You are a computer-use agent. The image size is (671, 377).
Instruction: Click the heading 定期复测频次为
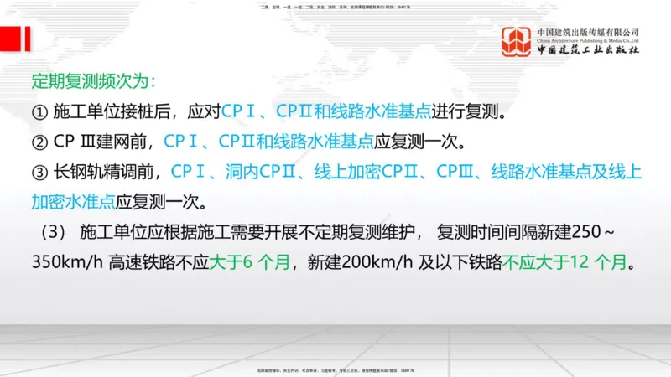(92, 82)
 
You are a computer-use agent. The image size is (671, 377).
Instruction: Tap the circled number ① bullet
(39, 111)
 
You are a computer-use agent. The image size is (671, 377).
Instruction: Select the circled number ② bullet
(39, 141)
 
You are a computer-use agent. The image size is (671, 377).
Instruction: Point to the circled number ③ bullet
(39, 171)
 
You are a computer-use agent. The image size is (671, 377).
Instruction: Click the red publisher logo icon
(517, 42)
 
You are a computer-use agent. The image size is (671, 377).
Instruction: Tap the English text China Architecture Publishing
(588, 40)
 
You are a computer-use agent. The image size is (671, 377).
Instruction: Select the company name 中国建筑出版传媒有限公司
(588, 30)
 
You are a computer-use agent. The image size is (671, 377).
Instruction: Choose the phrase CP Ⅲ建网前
(102, 141)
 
